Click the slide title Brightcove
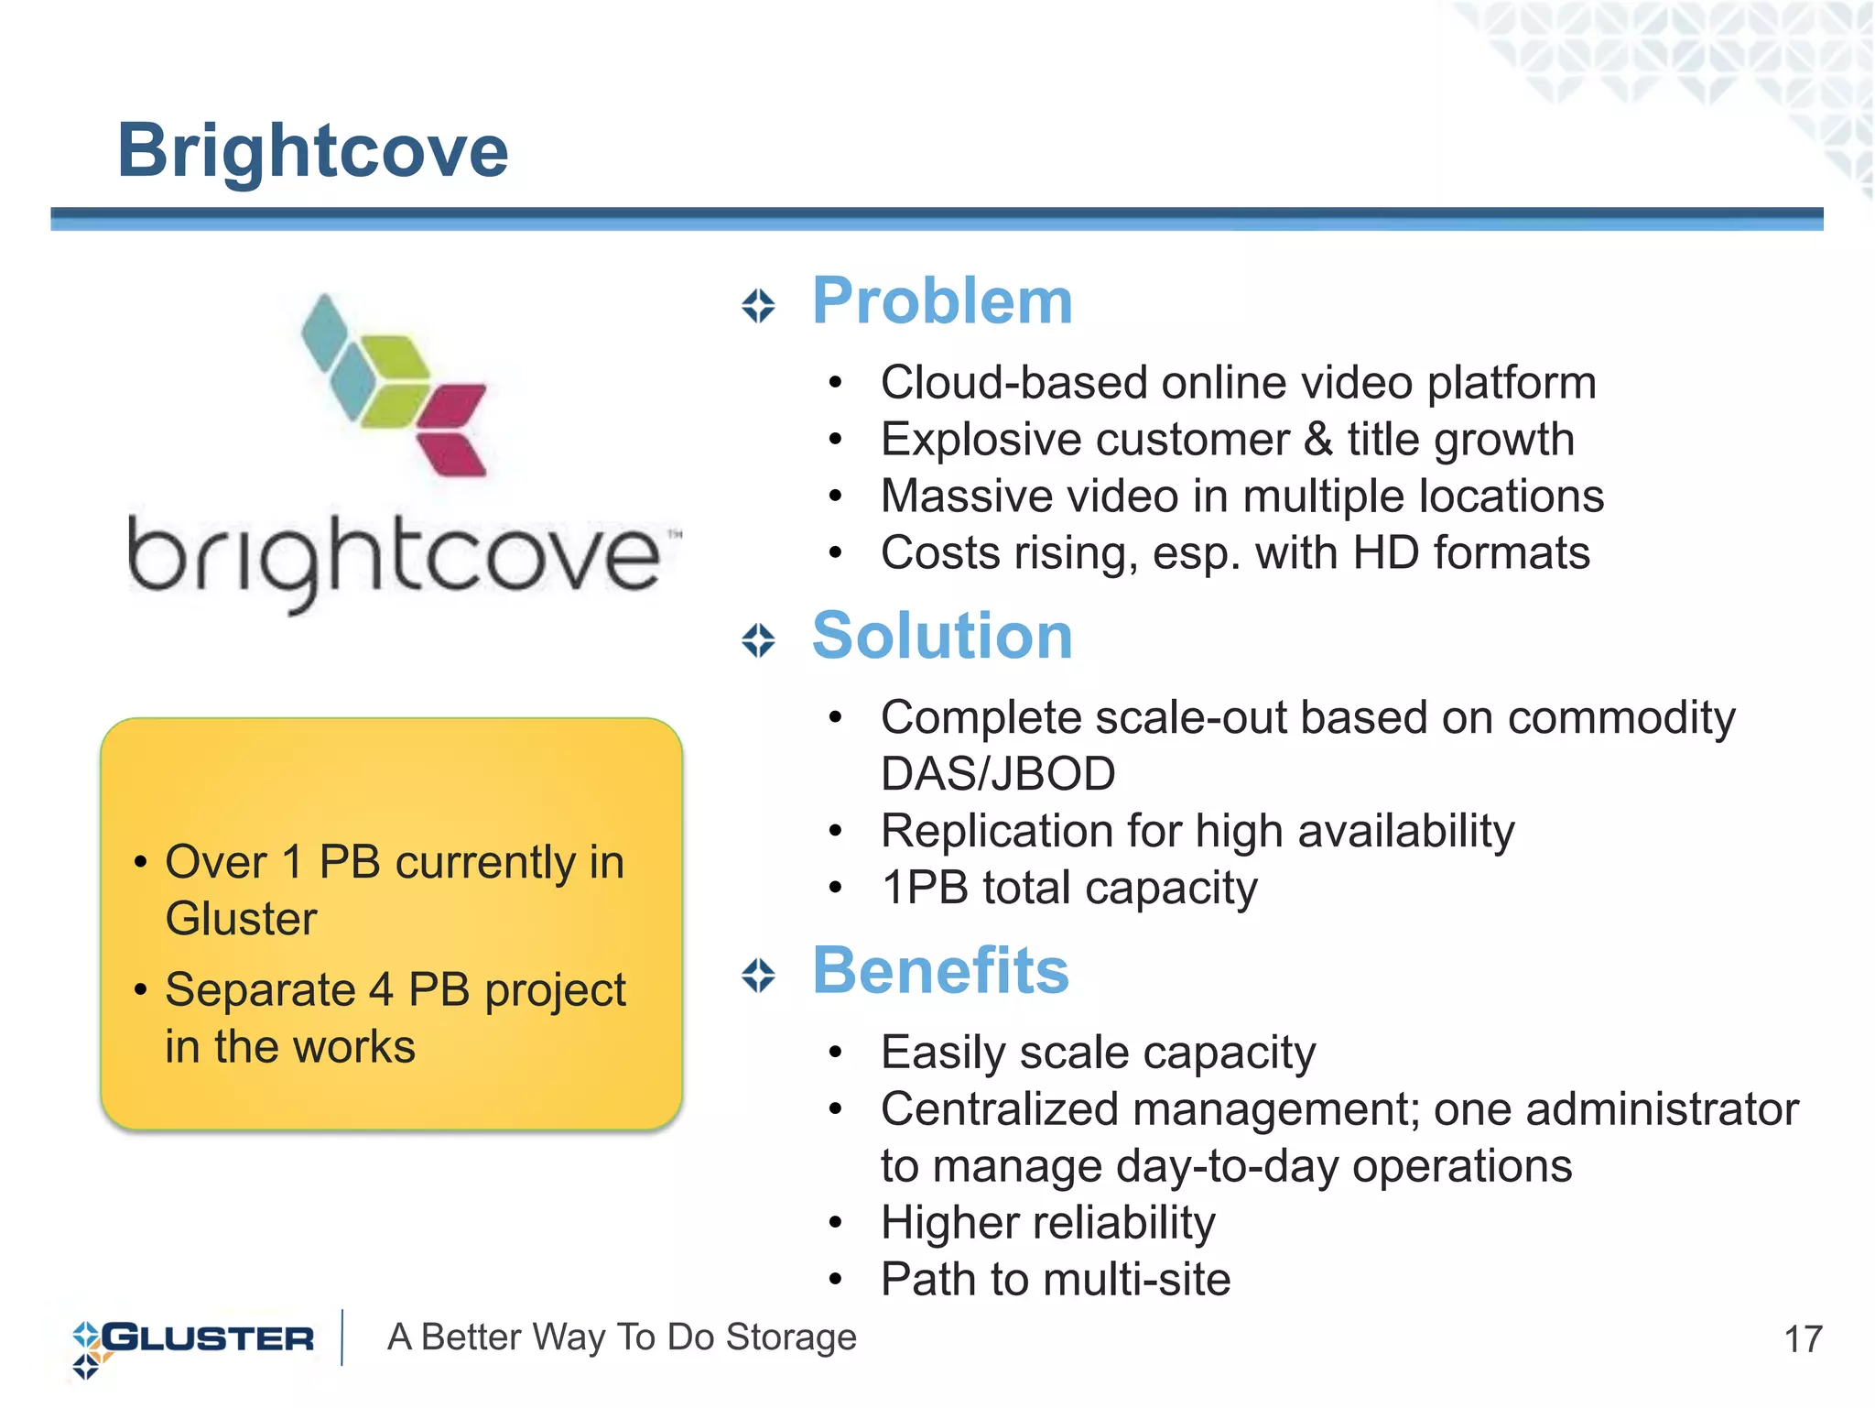pyautogui.click(x=312, y=151)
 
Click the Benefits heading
pyautogui.click(x=940, y=970)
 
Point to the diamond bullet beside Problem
pyautogui.click(x=758, y=306)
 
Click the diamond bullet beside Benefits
pyautogui.click(x=758, y=976)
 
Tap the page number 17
pyautogui.click(x=1803, y=1339)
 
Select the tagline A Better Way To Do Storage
pyautogui.click(x=622, y=1337)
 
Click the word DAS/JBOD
pyautogui.click(x=997, y=774)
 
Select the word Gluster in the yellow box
pyautogui.click(x=241, y=919)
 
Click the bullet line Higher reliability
pyautogui.click(x=1047, y=1223)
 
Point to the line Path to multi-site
pyautogui.click(x=1055, y=1280)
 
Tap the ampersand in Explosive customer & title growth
pyautogui.click(x=1317, y=439)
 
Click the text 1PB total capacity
pyautogui.click(x=1068, y=888)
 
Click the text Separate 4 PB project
pyautogui.click(x=395, y=990)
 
